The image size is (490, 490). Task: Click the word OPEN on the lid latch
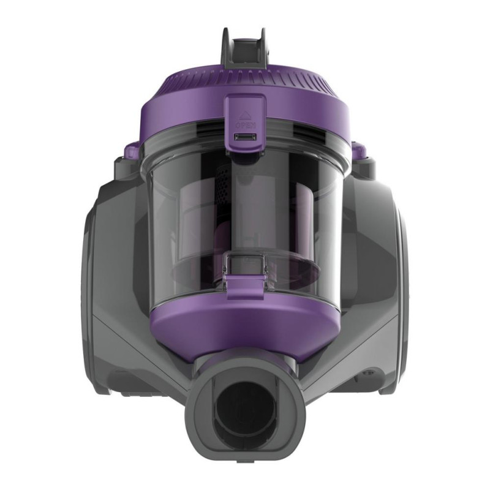click(x=245, y=124)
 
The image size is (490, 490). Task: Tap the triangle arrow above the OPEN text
click(x=245, y=113)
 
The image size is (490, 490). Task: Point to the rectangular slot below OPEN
click(x=245, y=137)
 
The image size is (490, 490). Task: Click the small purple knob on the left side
click(x=131, y=149)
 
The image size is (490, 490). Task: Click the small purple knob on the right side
click(x=360, y=149)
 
